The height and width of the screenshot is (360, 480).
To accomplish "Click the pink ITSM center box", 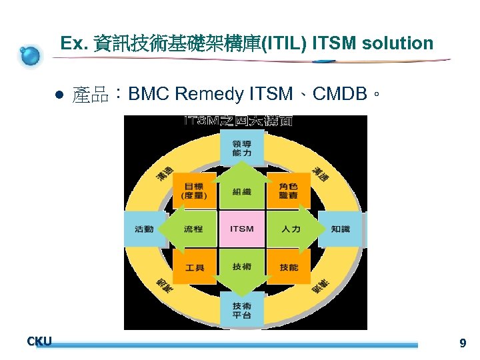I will (x=242, y=229).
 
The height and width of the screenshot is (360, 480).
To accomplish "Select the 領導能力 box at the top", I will (x=242, y=149).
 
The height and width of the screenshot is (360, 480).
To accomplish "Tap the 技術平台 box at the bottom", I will (x=242, y=310).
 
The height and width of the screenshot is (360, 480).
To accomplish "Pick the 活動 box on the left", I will (x=144, y=229).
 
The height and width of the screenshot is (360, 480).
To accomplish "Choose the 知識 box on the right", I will (x=341, y=229).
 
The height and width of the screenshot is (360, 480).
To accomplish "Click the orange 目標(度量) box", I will (x=195, y=191).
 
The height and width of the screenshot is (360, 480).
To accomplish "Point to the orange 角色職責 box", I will (x=289, y=191).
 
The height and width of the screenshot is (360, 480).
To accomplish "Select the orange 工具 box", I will (x=195, y=267).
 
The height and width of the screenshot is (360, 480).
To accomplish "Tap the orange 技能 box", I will (x=289, y=267).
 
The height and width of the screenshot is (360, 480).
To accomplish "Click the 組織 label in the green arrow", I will (x=242, y=192).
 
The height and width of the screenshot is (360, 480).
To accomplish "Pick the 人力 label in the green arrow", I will (x=291, y=229).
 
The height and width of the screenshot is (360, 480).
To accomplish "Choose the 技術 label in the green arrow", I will (x=242, y=267).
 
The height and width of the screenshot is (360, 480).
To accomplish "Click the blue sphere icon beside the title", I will (x=30, y=55).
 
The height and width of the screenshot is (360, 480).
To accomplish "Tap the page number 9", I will (x=463, y=344).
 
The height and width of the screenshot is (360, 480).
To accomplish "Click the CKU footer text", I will (x=39, y=341).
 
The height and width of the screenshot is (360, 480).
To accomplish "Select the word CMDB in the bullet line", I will (x=341, y=94).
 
